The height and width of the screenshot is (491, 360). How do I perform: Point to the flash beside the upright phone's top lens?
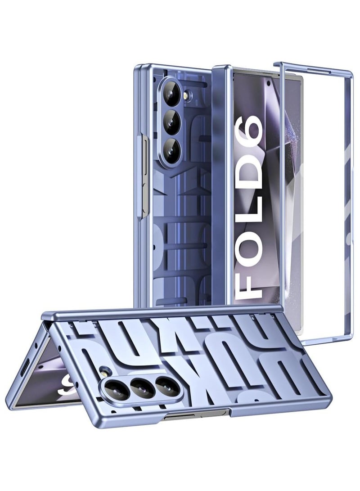click(x=189, y=94)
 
